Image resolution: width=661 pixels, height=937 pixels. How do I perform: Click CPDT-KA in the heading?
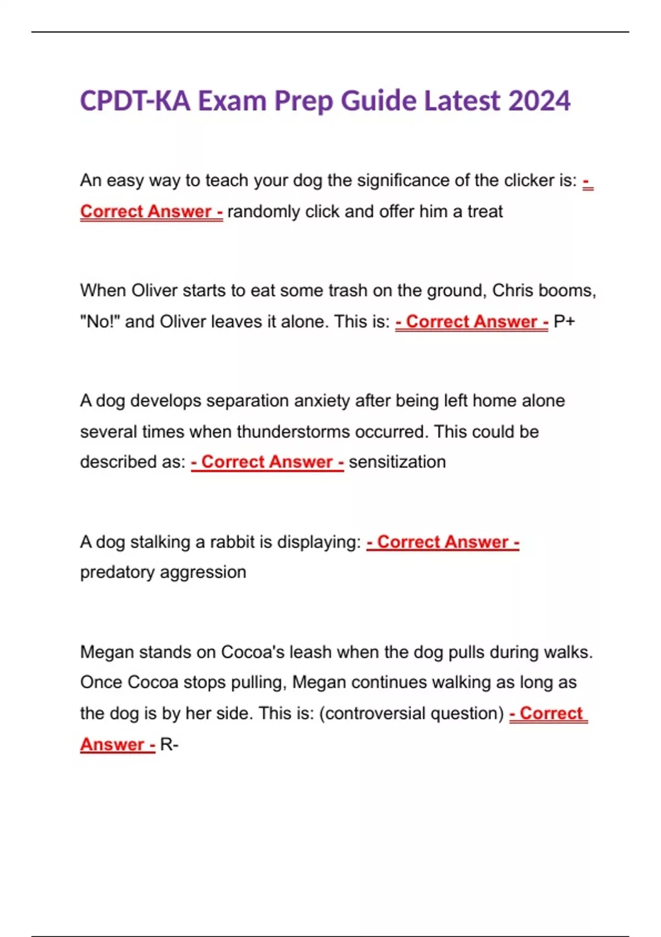(x=135, y=101)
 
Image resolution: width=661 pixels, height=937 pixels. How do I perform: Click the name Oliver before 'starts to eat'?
(x=154, y=290)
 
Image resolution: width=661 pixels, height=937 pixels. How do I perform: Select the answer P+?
(x=564, y=321)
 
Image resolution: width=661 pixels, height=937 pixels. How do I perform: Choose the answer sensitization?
(x=397, y=462)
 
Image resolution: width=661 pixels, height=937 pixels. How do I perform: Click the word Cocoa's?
(x=253, y=652)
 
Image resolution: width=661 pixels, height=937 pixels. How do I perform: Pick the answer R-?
(x=169, y=745)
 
